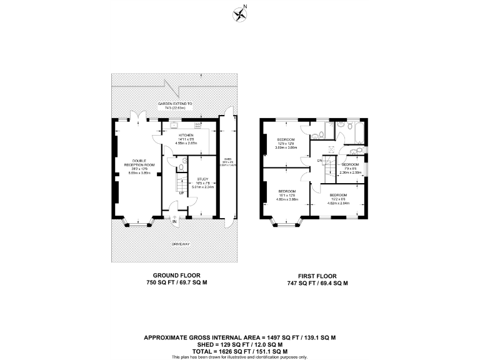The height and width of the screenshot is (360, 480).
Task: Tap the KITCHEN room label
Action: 186,135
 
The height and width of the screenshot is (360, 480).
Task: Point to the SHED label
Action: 225,159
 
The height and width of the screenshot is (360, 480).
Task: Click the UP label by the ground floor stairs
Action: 181,192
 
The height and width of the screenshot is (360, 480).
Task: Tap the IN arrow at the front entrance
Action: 174,221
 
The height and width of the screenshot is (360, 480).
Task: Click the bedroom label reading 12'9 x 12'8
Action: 286,139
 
